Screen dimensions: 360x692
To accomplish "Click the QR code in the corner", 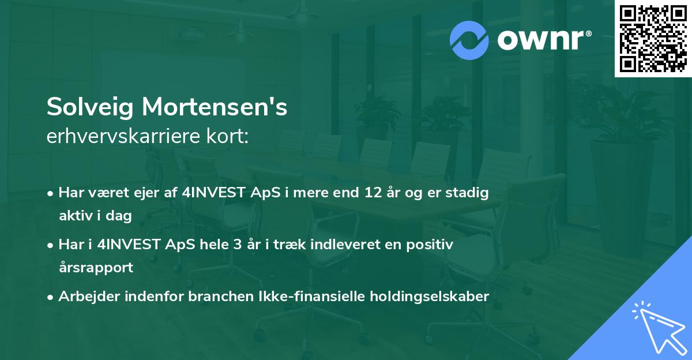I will click(x=653, y=38).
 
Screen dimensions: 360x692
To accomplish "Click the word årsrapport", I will click(x=96, y=267).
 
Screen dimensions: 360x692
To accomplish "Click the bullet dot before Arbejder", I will click(x=51, y=297).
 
